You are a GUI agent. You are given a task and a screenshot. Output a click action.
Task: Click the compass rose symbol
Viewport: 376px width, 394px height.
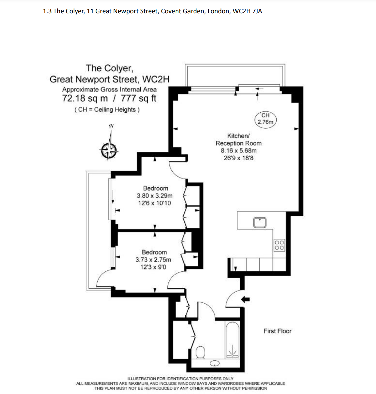[109, 150]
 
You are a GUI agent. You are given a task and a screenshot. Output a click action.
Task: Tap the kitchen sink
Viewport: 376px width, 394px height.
[260, 223]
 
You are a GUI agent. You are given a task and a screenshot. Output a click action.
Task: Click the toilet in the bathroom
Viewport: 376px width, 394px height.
[200, 352]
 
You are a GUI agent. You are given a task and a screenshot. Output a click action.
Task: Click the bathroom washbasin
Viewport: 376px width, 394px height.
[215, 363]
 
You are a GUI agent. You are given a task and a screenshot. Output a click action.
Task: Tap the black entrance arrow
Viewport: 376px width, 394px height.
[246, 299]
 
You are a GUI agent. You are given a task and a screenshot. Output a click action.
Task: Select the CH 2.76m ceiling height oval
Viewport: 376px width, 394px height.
[265, 119]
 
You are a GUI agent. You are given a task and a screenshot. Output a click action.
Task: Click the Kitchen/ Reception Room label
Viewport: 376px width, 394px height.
[238, 139]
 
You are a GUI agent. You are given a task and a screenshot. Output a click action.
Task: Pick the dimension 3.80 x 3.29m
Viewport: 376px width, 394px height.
[155, 196]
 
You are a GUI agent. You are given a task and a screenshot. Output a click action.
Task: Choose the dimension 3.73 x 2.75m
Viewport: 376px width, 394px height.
[153, 260]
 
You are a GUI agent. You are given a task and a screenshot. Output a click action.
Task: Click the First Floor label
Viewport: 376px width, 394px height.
[277, 331]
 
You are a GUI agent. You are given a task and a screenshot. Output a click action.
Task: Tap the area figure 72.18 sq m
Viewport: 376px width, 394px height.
[85, 98]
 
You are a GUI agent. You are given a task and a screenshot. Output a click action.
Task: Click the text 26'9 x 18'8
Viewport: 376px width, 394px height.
[238, 158]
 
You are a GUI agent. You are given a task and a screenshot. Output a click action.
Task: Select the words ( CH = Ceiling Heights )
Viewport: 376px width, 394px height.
[107, 110]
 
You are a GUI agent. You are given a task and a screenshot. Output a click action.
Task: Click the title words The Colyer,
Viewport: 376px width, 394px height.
[110, 68]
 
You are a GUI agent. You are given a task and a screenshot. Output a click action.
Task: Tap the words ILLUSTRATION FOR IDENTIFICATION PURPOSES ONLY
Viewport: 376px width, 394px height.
[180, 379]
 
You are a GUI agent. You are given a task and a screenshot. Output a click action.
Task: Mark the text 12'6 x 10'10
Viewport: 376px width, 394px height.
[154, 203]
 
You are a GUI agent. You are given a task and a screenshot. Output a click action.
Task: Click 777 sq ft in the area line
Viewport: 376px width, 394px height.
[139, 98]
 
